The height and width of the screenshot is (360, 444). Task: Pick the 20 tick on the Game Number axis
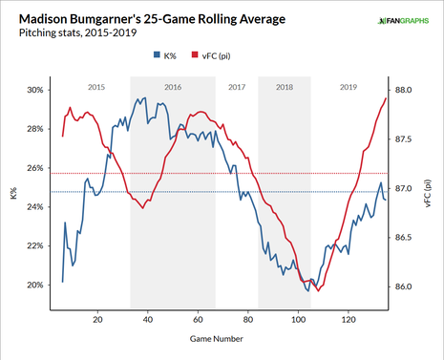pos(97,320)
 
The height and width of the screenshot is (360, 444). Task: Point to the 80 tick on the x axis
pos(247,320)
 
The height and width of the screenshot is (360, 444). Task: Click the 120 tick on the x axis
pos(348,320)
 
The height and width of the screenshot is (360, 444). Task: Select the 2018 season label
pos(284,87)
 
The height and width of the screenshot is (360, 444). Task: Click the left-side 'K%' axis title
pos(12,196)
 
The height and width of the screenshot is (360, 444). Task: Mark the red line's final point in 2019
pos(386,98)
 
